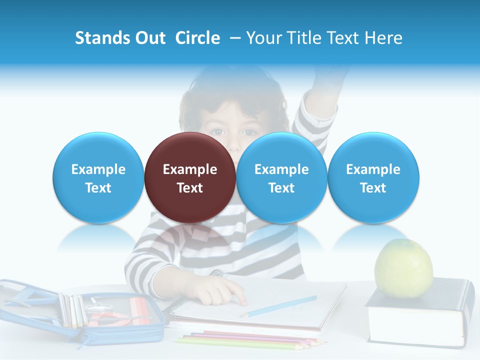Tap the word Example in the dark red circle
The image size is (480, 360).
click(190, 169)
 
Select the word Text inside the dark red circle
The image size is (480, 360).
click(190, 188)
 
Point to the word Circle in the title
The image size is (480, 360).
click(197, 38)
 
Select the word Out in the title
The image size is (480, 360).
click(149, 38)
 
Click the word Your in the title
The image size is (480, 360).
click(263, 38)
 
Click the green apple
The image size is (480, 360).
click(404, 268)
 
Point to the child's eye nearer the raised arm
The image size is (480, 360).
click(248, 132)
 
